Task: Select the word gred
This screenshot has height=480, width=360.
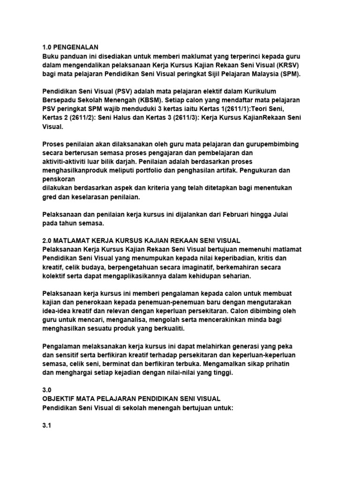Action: tap(50, 197)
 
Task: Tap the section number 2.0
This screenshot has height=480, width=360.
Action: tap(47, 240)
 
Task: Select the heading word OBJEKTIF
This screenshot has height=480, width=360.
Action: tap(60, 399)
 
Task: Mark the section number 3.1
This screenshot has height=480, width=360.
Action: tap(47, 425)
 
